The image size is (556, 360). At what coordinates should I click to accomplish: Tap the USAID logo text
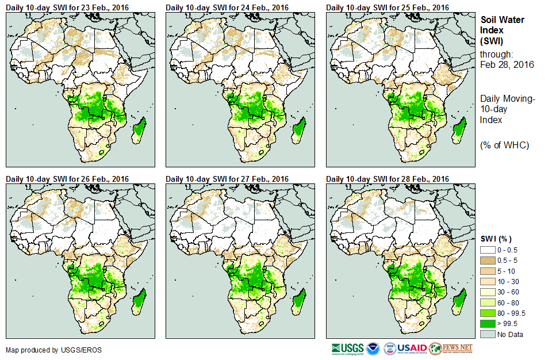click(x=412, y=348)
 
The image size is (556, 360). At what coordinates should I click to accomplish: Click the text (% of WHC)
click(x=504, y=145)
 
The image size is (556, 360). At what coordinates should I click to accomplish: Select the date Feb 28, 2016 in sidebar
click(x=507, y=64)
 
